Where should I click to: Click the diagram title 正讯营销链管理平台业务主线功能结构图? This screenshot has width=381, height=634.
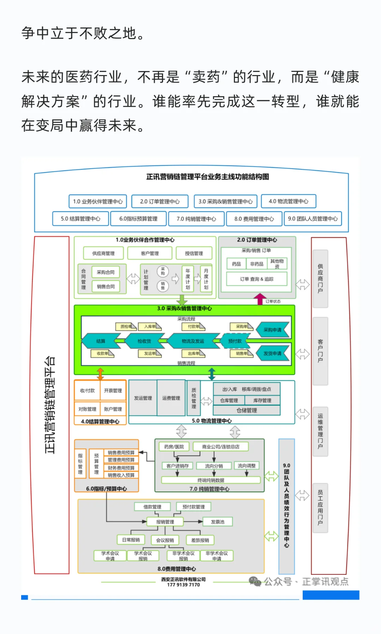[x=207, y=177]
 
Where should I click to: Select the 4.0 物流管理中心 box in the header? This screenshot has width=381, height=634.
[x=288, y=201]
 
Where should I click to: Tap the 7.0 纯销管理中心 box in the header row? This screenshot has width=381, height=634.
[x=196, y=219]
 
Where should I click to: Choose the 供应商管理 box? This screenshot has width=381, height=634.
[x=103, y=253]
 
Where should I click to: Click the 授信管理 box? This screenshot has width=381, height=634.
[x=194, y=253]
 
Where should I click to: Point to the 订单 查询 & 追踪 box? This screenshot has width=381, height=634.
[x=256, y=279]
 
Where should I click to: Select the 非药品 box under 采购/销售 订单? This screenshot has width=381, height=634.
[x=256, y=264]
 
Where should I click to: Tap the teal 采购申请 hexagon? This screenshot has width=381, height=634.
[x=272, y=330]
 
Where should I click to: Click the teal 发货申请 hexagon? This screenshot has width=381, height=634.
[x=272, y=353]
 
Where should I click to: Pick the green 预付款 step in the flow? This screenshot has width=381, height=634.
[x=235, y=341]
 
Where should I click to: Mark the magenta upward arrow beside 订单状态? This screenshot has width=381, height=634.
[x=260, y=299]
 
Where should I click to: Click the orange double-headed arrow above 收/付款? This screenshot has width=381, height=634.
[x=101, y=374]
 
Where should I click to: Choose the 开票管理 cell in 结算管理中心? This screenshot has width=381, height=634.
[x=113, y=391]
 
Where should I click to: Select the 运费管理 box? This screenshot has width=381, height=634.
[x=171, y=398]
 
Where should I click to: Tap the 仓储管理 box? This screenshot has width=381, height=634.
[x=247, y=410]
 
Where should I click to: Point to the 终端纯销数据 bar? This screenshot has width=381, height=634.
[x=211, y=480]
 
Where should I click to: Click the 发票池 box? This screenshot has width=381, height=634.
[x=217, y=522]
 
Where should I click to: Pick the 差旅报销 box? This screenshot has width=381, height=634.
[x=200, y=540]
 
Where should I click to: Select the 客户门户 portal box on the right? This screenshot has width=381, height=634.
[x=320, y=351]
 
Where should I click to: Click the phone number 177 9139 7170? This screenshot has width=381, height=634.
[x=183, y=585]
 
